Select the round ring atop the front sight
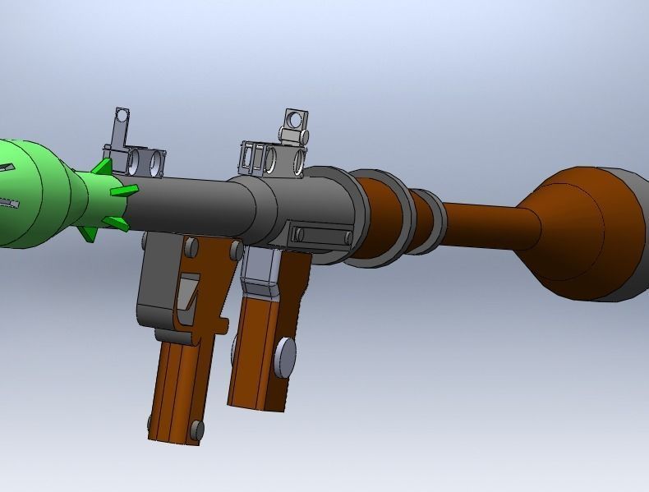(122, 115)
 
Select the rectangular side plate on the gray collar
(321, 236)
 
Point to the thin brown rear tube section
(485, 220)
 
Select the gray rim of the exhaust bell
(633, 238)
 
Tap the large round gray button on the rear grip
(285, 356)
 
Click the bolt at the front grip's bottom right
(196, 430)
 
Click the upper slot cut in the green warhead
(8, 168)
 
